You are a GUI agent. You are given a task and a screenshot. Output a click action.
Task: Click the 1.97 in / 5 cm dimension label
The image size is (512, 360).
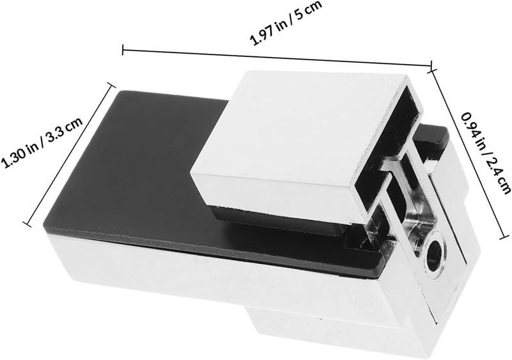coord(285,23)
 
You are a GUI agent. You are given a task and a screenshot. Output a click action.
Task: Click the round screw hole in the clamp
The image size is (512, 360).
coord(435,255)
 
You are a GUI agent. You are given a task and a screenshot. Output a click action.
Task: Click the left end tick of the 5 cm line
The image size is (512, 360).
coord(123,50)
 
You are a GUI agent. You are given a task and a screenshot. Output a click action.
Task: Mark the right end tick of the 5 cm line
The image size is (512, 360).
coord(431,66)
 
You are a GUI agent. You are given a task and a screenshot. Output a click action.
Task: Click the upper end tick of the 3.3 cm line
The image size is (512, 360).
coord(111,85)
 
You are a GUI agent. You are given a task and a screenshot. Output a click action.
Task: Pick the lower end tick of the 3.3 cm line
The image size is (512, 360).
coord(27,224)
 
